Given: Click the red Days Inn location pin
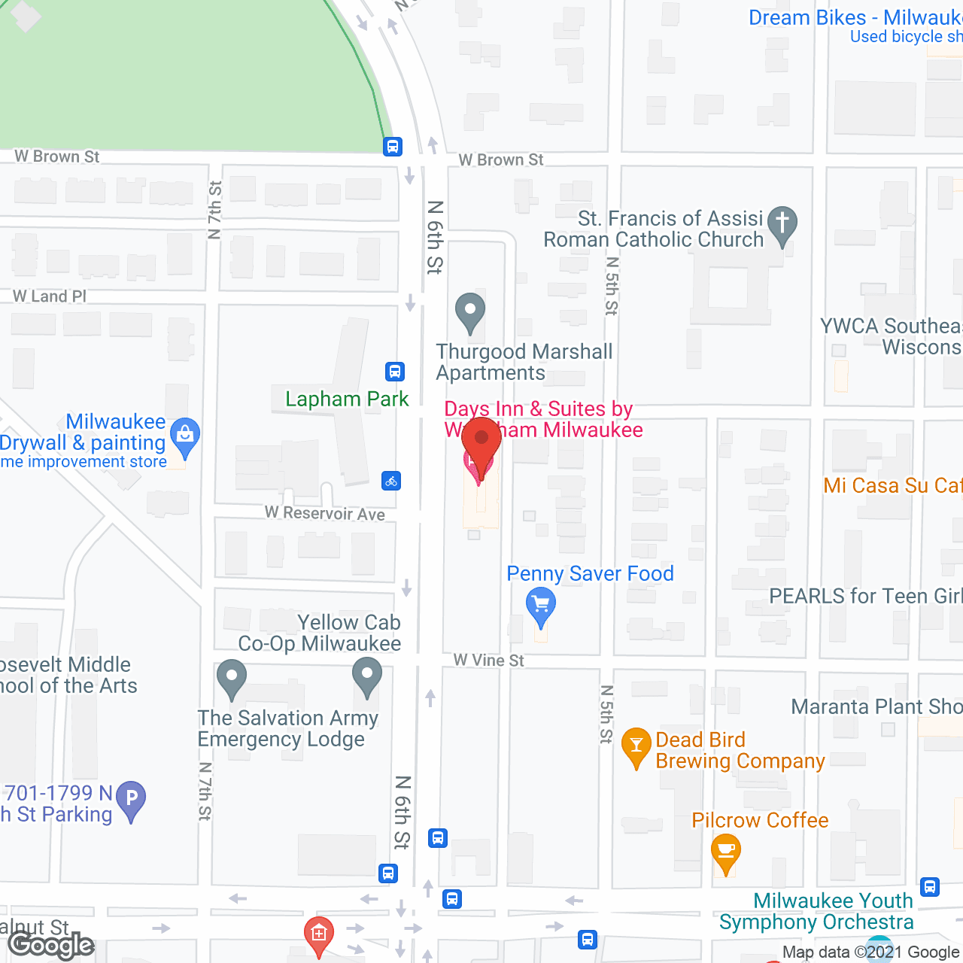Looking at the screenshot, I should click(x=481, y=444).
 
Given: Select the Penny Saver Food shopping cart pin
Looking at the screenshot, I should click(x=540, y=606).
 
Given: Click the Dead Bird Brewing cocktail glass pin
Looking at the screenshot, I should click(x=636, y=746).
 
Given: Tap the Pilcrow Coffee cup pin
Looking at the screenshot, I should click(x=725, y=852).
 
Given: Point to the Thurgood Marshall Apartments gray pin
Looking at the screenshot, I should click(x=470, y=311).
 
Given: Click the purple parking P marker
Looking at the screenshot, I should click(x=132, y=799).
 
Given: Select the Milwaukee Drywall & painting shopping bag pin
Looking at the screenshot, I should click(x=185, y=436).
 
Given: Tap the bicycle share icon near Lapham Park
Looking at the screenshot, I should click(x=390, y=481).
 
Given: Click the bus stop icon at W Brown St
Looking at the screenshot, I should click(x=393, y=146).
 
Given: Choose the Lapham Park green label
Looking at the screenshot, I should click(x=347, y=399).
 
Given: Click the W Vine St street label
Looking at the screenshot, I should click(x=488, y=660).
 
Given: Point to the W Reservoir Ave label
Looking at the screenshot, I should click(x=325, y=514).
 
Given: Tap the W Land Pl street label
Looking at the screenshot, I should click(x=50, y=296).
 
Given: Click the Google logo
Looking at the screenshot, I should click(x=51, y=945).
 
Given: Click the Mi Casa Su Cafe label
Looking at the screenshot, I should click(x=892, y=485).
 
